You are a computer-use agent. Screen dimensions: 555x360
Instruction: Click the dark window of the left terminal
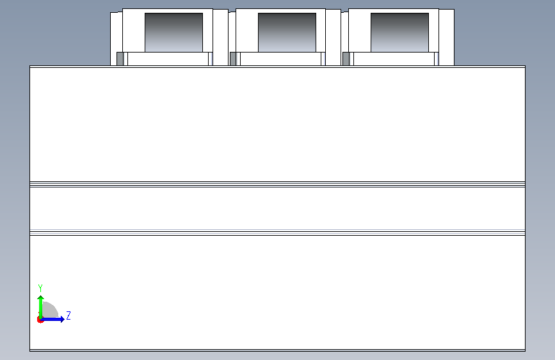(173, 33)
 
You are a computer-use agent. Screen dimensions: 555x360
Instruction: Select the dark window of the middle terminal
(287, 33)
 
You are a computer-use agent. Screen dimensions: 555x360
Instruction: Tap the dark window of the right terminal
(399, 33)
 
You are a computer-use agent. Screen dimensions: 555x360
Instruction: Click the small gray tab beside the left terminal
(120, 59)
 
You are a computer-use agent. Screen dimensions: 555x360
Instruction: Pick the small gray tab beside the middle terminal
(233, 59)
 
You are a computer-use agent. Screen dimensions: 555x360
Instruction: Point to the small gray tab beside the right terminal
(346, 59)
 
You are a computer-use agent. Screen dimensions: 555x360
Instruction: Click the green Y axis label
(40, 288)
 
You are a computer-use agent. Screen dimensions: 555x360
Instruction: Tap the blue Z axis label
(68, 315)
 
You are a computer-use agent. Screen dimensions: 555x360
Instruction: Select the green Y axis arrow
(41, 307)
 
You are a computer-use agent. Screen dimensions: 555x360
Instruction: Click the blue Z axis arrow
(52, 319)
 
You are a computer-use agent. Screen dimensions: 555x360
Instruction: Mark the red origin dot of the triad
(40, 320)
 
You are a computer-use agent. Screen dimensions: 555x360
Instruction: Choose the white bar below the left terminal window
(168, 59)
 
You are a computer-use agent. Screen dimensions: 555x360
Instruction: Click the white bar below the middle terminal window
(280, 59)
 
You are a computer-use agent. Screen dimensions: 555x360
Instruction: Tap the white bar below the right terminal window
(394, 59)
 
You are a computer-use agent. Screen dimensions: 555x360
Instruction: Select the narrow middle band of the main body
(278, 209)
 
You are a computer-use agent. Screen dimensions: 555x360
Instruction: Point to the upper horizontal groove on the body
(278, 184)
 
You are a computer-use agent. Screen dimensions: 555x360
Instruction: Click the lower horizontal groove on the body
(278, 233)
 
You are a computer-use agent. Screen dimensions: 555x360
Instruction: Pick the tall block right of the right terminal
(446, 37)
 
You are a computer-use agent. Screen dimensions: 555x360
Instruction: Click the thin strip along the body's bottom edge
(278, 350)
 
